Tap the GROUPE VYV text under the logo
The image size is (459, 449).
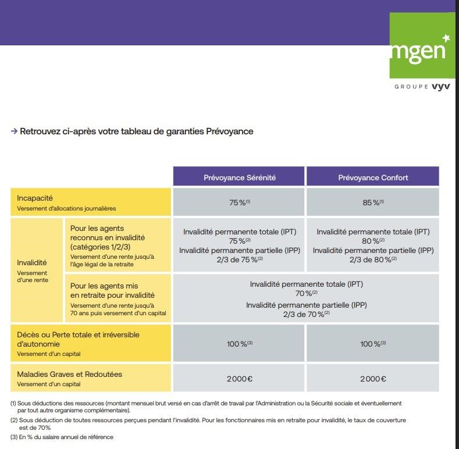[x=422, y=87]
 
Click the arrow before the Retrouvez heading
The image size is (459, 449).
[x=14, y=131]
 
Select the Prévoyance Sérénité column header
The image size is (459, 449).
[x=239, y=177]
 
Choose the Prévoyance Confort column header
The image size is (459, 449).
[x=373, y=177]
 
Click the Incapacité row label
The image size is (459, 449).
[x=35, y=198]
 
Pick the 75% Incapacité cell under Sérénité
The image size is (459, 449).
[x=239, y=202]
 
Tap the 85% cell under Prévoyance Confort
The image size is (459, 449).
[x=373, y=202]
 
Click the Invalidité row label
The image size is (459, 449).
[x=32, y=262]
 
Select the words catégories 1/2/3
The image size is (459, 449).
[x=100, y=247]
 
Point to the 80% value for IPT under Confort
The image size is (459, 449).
[x=373, y=241]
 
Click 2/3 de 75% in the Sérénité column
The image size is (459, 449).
[x=239, y=259]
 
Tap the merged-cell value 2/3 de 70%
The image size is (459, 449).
[x=306, y=314]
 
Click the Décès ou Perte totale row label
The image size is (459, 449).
[x=78, y=335]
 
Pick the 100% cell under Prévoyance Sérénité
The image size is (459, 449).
[x=239, y=344]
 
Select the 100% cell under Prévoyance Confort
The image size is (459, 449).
[x=373, y=344]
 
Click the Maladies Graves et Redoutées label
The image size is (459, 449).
[x=69, y=375]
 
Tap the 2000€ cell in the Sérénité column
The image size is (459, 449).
[x=239, y=379]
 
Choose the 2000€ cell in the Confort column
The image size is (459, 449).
[x=373, y=379]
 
